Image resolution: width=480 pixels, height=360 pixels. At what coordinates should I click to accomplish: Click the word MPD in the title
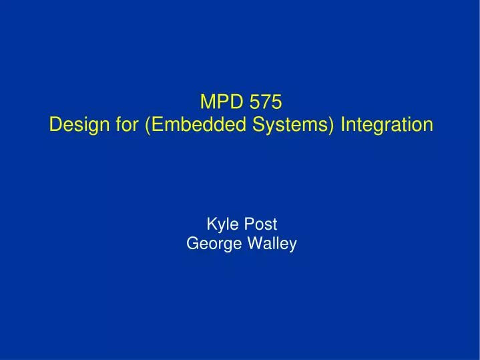click(218, 102)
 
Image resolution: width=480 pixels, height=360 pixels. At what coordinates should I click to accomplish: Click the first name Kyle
click(222, 224)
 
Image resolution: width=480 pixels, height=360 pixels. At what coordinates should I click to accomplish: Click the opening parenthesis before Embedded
click(146, 126)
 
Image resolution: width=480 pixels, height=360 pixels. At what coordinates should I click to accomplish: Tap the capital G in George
click(192, 244)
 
